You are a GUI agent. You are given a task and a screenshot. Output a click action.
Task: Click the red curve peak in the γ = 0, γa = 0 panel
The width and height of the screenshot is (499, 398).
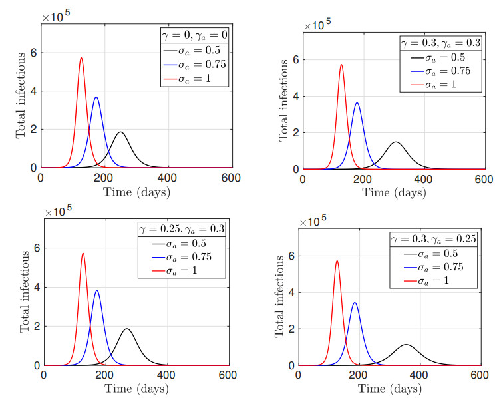pos(81,58)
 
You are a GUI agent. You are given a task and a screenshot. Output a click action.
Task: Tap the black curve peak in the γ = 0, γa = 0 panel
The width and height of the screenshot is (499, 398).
pos(120,132)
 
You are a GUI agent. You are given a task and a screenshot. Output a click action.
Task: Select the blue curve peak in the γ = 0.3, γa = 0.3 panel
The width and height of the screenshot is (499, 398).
pos(357,103)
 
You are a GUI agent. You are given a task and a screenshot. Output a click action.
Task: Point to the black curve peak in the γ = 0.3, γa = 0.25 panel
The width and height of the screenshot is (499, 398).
pos(406,345)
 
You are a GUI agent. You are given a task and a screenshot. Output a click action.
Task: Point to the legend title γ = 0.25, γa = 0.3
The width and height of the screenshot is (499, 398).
pos(180,228)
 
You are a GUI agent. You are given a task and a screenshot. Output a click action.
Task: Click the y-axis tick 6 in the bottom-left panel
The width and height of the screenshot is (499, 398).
pos(36,248)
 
